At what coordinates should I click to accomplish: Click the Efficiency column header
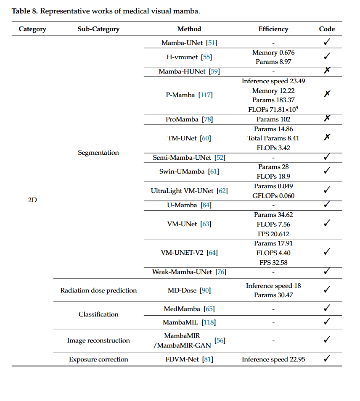pyautogui.click(x=273, y=29)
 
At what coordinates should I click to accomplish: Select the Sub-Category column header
pyautogui.click(x=98, y=29)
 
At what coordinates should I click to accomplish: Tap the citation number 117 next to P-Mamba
pyautogui.click(x=206, y=95)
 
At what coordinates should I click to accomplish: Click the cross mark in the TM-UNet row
pyautogui.click(x=327, y=137)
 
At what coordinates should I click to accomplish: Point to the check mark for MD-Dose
pyautogui.click(x=327, y=289)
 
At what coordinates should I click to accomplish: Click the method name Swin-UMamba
pyautogui.click(x=182, y=171)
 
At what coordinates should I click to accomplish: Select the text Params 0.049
pyautogui.click(x=273, y=186)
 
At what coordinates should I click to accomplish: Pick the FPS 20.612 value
pyautogui.click(x=273, y=234)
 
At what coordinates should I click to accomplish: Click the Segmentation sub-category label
pyautogui.click(x=98, y=153)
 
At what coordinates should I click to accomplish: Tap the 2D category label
pyautogui.click(x=32, y=200)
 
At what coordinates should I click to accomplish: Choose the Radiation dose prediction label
pyautogui.click(x=98, y=290)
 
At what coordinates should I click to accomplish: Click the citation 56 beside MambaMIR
pyautogui.click(x=220, y=340)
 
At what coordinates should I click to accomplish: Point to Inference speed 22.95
pyautogui.click(x=273, y=359)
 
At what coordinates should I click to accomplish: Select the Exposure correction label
pyautogui.click(x=98, y=359)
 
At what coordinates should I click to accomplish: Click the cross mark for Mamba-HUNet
pyautogui.click(x=327, y=70)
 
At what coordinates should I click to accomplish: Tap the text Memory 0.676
pyautogui.click(x=273, y=53)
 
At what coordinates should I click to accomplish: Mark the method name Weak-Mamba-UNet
pyautogui.click(x=182, y=272)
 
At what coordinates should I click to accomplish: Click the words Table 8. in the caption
pyautogui.click(x=25, y=11)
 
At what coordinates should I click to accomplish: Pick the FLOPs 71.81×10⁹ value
pyautogui.click(x=273, y=109)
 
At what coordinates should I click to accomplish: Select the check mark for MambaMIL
pyautogui.click(x=327, y=322)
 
